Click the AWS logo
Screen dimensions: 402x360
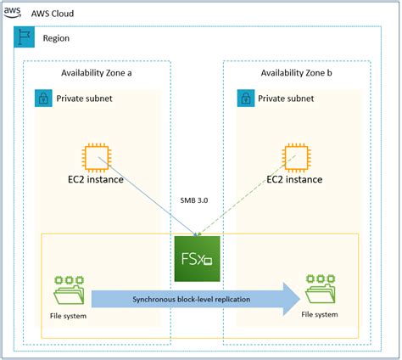point(12,13)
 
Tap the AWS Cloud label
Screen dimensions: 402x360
point(53,14)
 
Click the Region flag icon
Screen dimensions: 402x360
point(25,37)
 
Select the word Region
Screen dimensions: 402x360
point(56,38)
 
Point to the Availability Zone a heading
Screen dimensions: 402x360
point(97,73)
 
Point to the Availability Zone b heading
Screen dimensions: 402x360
point(296,73)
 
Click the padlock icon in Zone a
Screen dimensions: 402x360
point(43,98)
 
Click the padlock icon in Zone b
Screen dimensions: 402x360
point(246,98)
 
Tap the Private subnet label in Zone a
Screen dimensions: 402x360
point(84,98)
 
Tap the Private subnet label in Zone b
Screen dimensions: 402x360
point(286,98)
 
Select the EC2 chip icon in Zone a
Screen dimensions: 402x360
point(97,158)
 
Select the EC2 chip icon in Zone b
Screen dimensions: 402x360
point(296,158)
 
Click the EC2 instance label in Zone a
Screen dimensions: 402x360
point(96,179)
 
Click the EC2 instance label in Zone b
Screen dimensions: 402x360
point(294,179)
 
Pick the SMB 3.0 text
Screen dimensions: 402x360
point(194,200)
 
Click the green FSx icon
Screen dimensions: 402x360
point(197,259)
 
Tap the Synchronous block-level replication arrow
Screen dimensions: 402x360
point(196,299)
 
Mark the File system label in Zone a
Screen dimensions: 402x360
point(68,316)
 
